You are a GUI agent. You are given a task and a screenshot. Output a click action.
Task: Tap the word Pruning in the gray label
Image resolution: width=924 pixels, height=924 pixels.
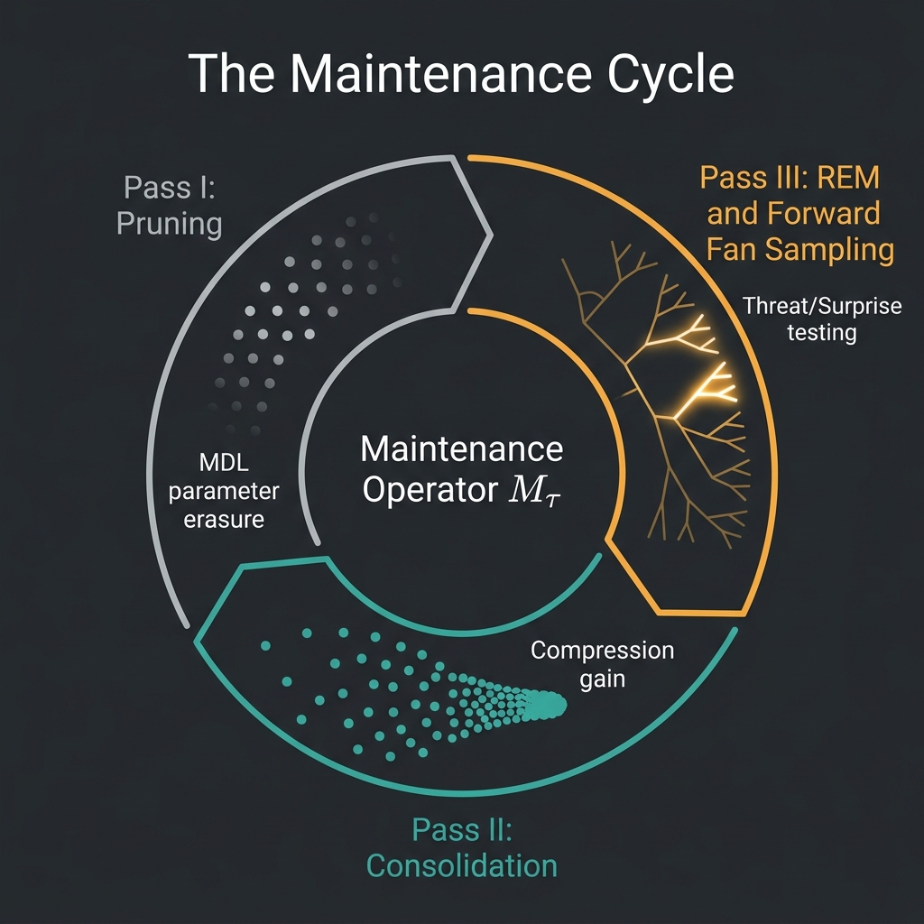click(170, 223)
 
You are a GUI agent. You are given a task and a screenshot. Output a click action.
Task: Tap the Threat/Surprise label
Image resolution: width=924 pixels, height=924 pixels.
click(822, 306)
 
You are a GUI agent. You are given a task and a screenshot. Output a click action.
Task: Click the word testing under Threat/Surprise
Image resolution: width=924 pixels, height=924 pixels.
click(821, 333)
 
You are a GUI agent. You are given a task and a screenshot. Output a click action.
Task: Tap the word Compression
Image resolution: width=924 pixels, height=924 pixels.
click(602, 650)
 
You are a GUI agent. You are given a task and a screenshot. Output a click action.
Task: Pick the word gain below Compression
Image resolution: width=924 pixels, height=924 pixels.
click(602, 678)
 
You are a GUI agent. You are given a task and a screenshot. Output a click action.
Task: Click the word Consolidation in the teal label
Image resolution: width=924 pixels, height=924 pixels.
click(461, 865)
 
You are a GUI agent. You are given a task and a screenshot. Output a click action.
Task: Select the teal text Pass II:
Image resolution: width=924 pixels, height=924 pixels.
click(461, 829)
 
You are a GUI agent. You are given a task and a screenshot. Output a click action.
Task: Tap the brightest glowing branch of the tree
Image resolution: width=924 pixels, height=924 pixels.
click(713, 383)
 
